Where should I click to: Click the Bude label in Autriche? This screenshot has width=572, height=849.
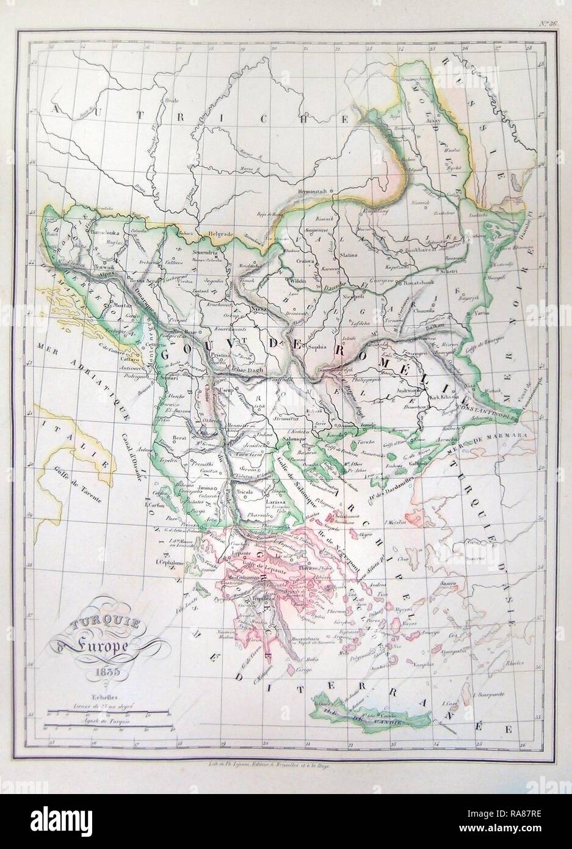pyautogui.click(x=174, y=99)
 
